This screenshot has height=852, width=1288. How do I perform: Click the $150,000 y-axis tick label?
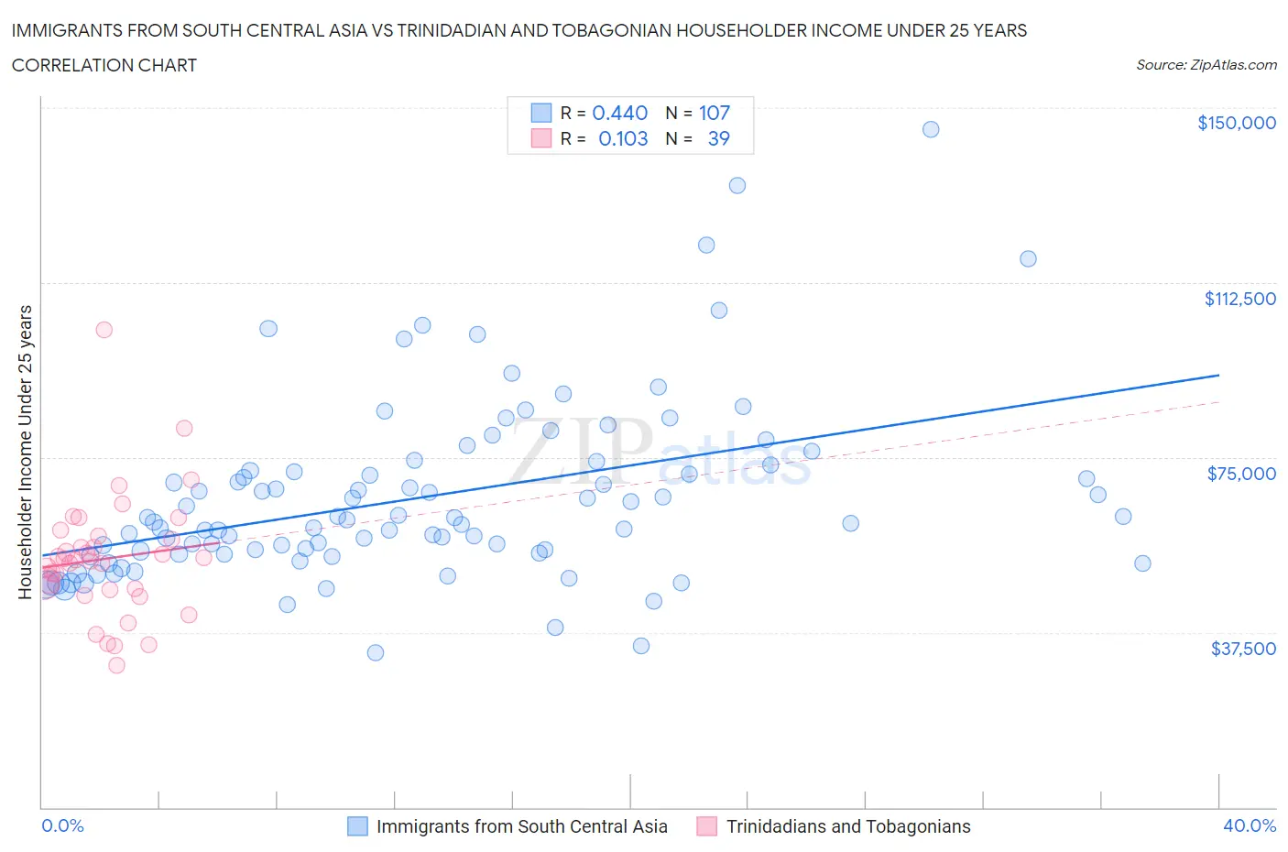tap(1236, 123)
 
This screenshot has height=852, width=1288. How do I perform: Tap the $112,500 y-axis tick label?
tap(1239, 299)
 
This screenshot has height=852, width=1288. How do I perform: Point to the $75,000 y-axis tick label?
tap(1241, 474)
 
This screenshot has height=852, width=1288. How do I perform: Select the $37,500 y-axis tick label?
tap(1243, 649)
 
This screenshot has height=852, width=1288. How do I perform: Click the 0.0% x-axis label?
tap(62, 825)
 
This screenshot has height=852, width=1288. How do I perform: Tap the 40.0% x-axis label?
tap(1250, 825)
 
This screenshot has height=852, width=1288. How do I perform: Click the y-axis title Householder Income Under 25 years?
tap(25, 452)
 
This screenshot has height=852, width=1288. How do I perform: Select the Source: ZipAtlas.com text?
tap(1206, 65)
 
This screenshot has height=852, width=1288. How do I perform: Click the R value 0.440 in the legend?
tap(620, 113)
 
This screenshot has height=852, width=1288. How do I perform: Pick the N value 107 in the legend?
tap(715, 113)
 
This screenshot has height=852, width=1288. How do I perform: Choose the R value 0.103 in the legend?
tap(623, 138)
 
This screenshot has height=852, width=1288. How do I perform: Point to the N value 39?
tap(719, 138)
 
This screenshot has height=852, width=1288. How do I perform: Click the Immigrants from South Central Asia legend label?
tap(521, 826)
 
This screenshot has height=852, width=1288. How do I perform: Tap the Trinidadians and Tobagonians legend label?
tap(847, 826)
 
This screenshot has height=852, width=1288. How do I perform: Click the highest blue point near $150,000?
tap(931, 129)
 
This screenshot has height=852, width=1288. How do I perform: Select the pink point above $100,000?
tap(104, 330)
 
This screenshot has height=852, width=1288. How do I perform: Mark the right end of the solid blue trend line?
tap(1219, 375)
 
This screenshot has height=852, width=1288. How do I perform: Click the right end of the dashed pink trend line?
tap(1219, 401)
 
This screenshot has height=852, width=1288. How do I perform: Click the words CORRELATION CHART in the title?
tap(104, 65)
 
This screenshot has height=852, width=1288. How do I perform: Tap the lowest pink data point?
tap(116, 665)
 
